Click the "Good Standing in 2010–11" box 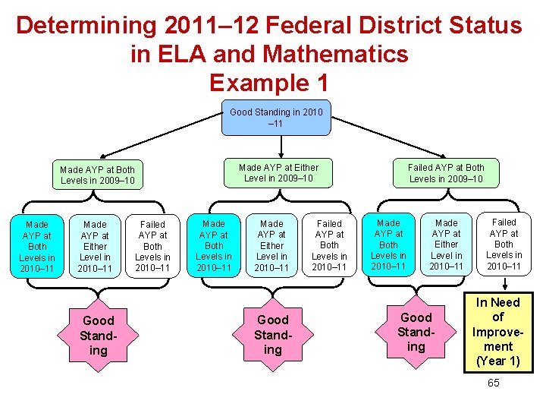(276, 118)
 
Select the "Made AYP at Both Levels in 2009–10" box (97, 175)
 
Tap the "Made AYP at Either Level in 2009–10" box (278, 173)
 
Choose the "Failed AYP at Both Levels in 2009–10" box (446, 173)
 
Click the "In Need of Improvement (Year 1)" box (497, 332)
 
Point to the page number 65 (493, 383)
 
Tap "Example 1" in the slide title (269, 81)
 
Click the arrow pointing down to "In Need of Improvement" (504, 283)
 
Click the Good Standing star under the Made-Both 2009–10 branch (98, 335)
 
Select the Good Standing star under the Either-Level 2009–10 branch (273, 334)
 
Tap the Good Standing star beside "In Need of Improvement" (416, 332)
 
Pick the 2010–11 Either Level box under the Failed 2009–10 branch (446, 244)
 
